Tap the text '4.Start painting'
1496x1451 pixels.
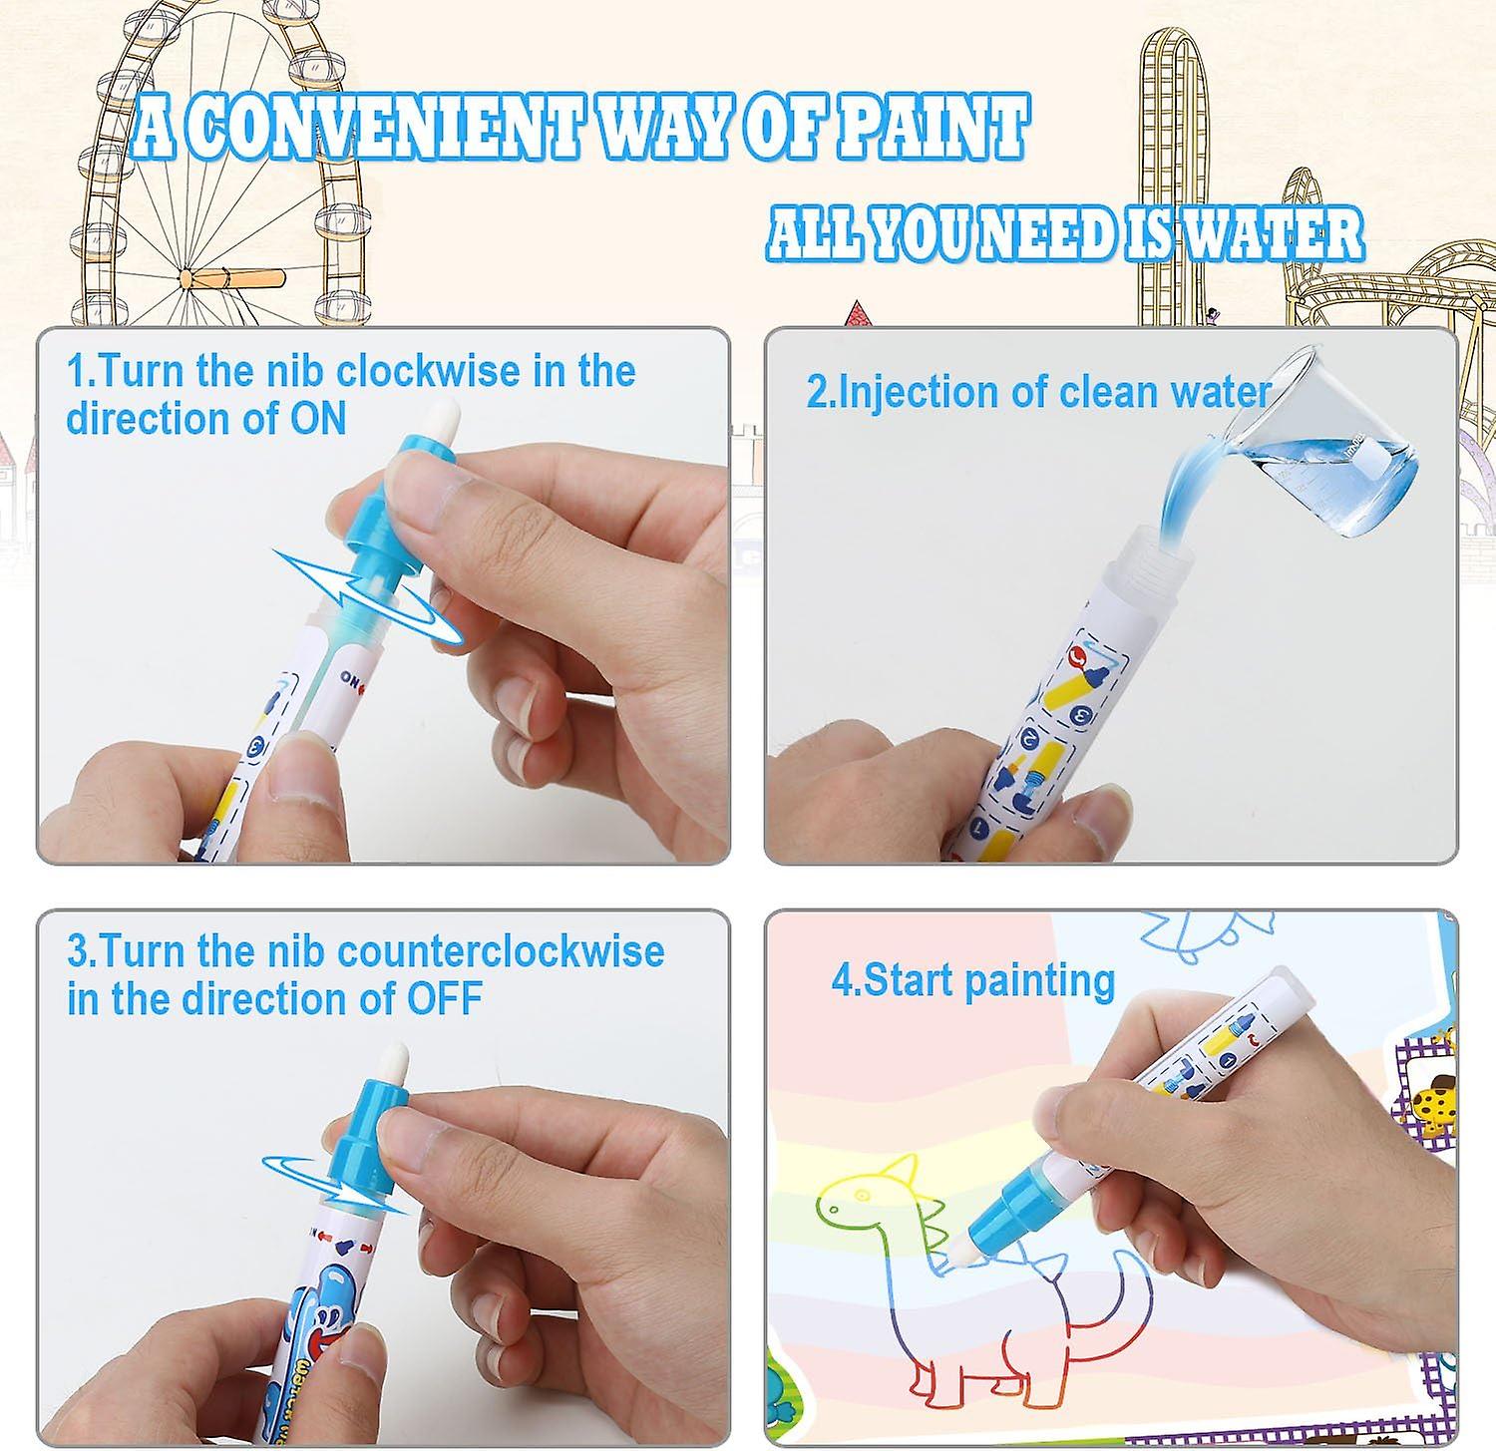973,981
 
